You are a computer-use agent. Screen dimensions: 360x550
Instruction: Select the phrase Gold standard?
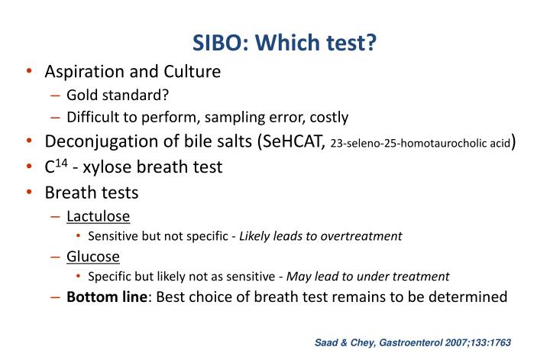pyautogui.click(x=117, y=95)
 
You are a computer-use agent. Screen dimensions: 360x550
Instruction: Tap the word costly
pyautogui.click(x=329, y=117)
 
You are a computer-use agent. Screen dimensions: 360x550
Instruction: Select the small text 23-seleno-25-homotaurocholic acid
pyautogui.click(x=419, y=143)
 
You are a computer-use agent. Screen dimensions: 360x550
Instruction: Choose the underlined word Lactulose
pyautogui.click(x=98, y=216)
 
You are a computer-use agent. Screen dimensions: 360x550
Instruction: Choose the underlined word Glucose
pyautogui.click(x=93, y=256)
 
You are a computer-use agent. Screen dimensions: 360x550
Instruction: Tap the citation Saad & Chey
pyautogui.click(x=343, y=343)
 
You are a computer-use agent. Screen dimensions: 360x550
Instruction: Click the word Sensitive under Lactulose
pyautogui.click(x=113, y=235)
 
